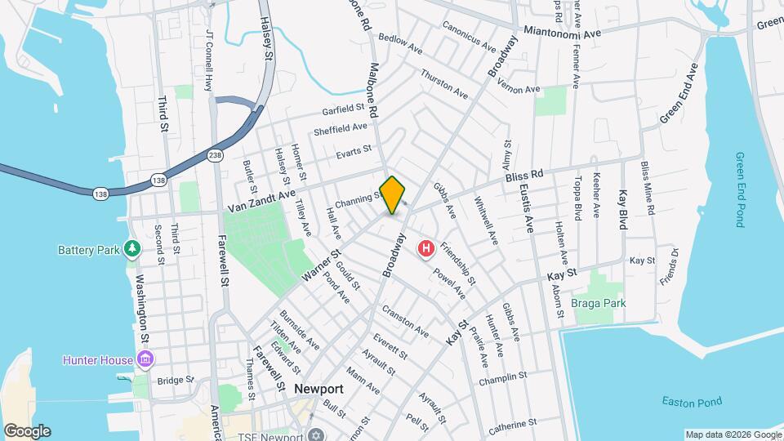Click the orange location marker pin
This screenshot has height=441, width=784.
tap(393, 194)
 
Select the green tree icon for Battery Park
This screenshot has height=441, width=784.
tap(132, 248)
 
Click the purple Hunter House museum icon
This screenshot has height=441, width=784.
tap(146, 359)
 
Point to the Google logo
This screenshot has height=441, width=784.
tap(26, 431)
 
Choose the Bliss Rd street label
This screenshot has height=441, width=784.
tap(524, 176)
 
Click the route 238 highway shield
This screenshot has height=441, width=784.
tap(216, 154)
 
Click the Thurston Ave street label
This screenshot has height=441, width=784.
tap(445, 85)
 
